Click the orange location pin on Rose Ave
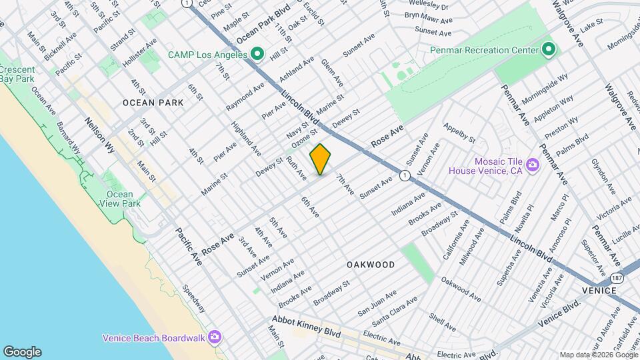[321, 160]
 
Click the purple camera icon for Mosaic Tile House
[532, 164]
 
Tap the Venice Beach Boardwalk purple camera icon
[214, 337]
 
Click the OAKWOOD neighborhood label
[371, 265]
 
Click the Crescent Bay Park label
[17, 74]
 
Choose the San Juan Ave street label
[377, 302]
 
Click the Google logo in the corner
[22, 351]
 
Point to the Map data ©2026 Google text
[598, 355]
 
